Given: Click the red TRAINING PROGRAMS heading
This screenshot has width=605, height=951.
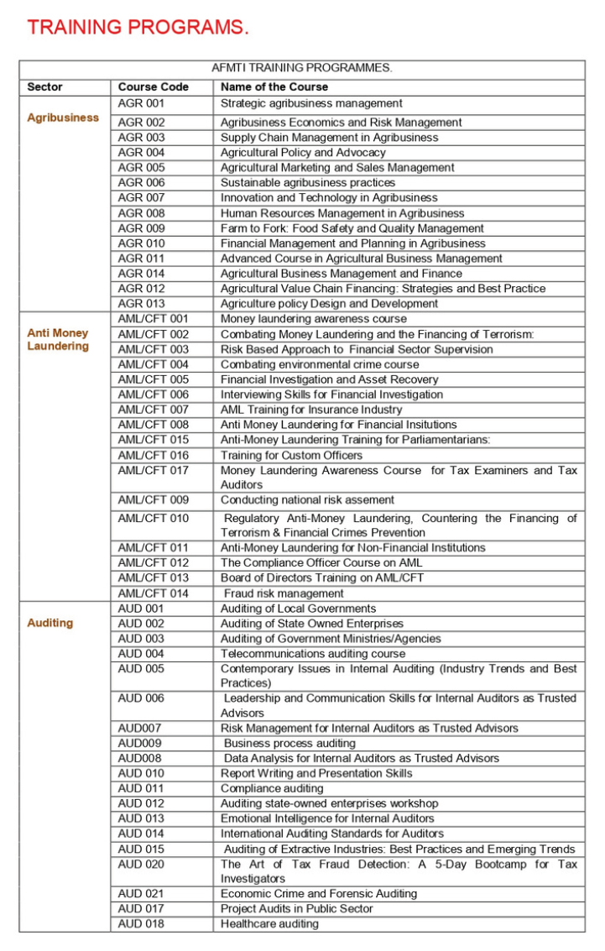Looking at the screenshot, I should pos(138,27).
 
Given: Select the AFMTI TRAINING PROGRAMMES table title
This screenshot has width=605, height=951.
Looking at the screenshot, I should pos(302,68).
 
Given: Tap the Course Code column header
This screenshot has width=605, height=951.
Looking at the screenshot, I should pos(154,86).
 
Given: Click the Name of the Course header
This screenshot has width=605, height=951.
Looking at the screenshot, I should pos(274,86).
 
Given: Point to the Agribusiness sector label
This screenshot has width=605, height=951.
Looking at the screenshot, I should pos(63,118).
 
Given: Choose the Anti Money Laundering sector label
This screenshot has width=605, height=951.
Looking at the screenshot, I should pos(58,340).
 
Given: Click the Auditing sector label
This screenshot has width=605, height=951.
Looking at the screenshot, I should pos(50,623).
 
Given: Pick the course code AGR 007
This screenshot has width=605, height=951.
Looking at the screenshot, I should pos(142,198).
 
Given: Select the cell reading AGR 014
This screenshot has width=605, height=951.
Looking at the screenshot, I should pos(142,274).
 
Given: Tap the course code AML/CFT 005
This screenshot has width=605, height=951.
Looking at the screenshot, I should pos(154,379).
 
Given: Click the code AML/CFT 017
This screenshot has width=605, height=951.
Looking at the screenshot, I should pos(154,471).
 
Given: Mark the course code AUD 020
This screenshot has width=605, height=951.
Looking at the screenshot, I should pos(141,864).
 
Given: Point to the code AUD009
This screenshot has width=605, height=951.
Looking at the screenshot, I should pos(140,743).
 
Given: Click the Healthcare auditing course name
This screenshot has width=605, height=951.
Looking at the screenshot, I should pos(269,924).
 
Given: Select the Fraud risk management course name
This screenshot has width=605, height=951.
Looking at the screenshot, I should pos(284,593).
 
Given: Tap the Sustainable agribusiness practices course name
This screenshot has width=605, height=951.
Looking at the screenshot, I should pos(307,183).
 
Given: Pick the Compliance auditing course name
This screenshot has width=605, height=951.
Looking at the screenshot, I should pos(272,788).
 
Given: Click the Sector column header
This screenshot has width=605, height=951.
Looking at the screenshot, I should pos(45,86).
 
